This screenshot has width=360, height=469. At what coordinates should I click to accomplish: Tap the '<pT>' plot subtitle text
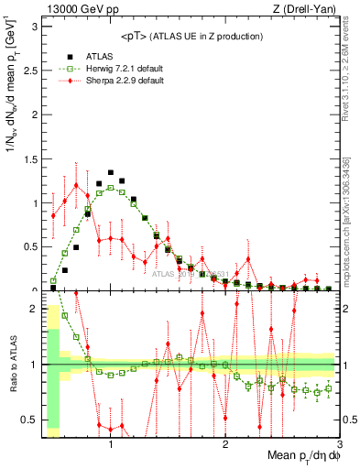[193, 36]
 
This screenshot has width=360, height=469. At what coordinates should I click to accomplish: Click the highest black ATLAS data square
[111, 172]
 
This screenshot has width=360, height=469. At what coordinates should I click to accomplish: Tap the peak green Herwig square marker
[111, 187]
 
